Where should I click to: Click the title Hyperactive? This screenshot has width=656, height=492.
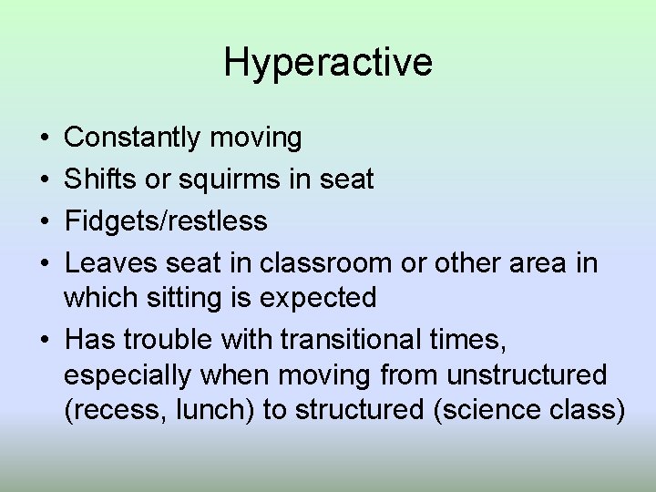point(328,63)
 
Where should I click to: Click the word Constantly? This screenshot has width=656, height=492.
point(133,138)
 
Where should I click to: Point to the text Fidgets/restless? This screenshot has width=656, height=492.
point(167,221)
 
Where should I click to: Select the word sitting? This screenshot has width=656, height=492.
point(189,298)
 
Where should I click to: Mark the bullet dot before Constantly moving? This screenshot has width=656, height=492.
point(45,138)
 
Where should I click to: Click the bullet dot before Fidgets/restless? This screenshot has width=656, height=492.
point(45,221)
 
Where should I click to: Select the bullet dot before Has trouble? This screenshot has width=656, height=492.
point(45,339)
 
